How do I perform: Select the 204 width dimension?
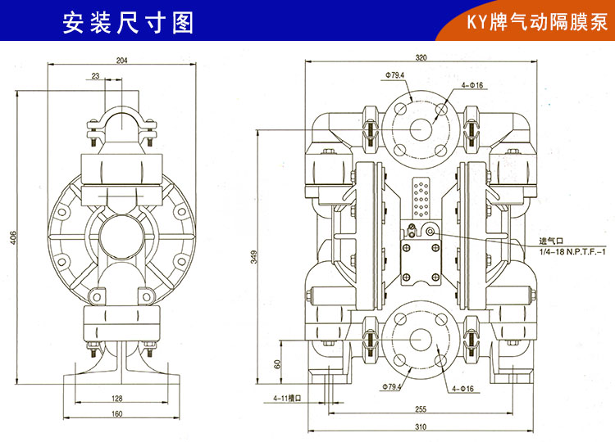(x=122, y=60)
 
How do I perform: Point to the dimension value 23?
(x=96, y=75)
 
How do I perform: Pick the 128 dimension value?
(x=116, y=399)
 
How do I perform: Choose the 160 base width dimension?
(x=116, y=414)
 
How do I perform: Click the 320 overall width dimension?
(x=421, y=58)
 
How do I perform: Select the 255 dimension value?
(x=421, y=408)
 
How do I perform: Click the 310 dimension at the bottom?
(x=421, y=426)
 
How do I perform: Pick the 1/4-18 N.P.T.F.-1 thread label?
(x=571, y=252)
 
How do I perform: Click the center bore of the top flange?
(x=420, y=129)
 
